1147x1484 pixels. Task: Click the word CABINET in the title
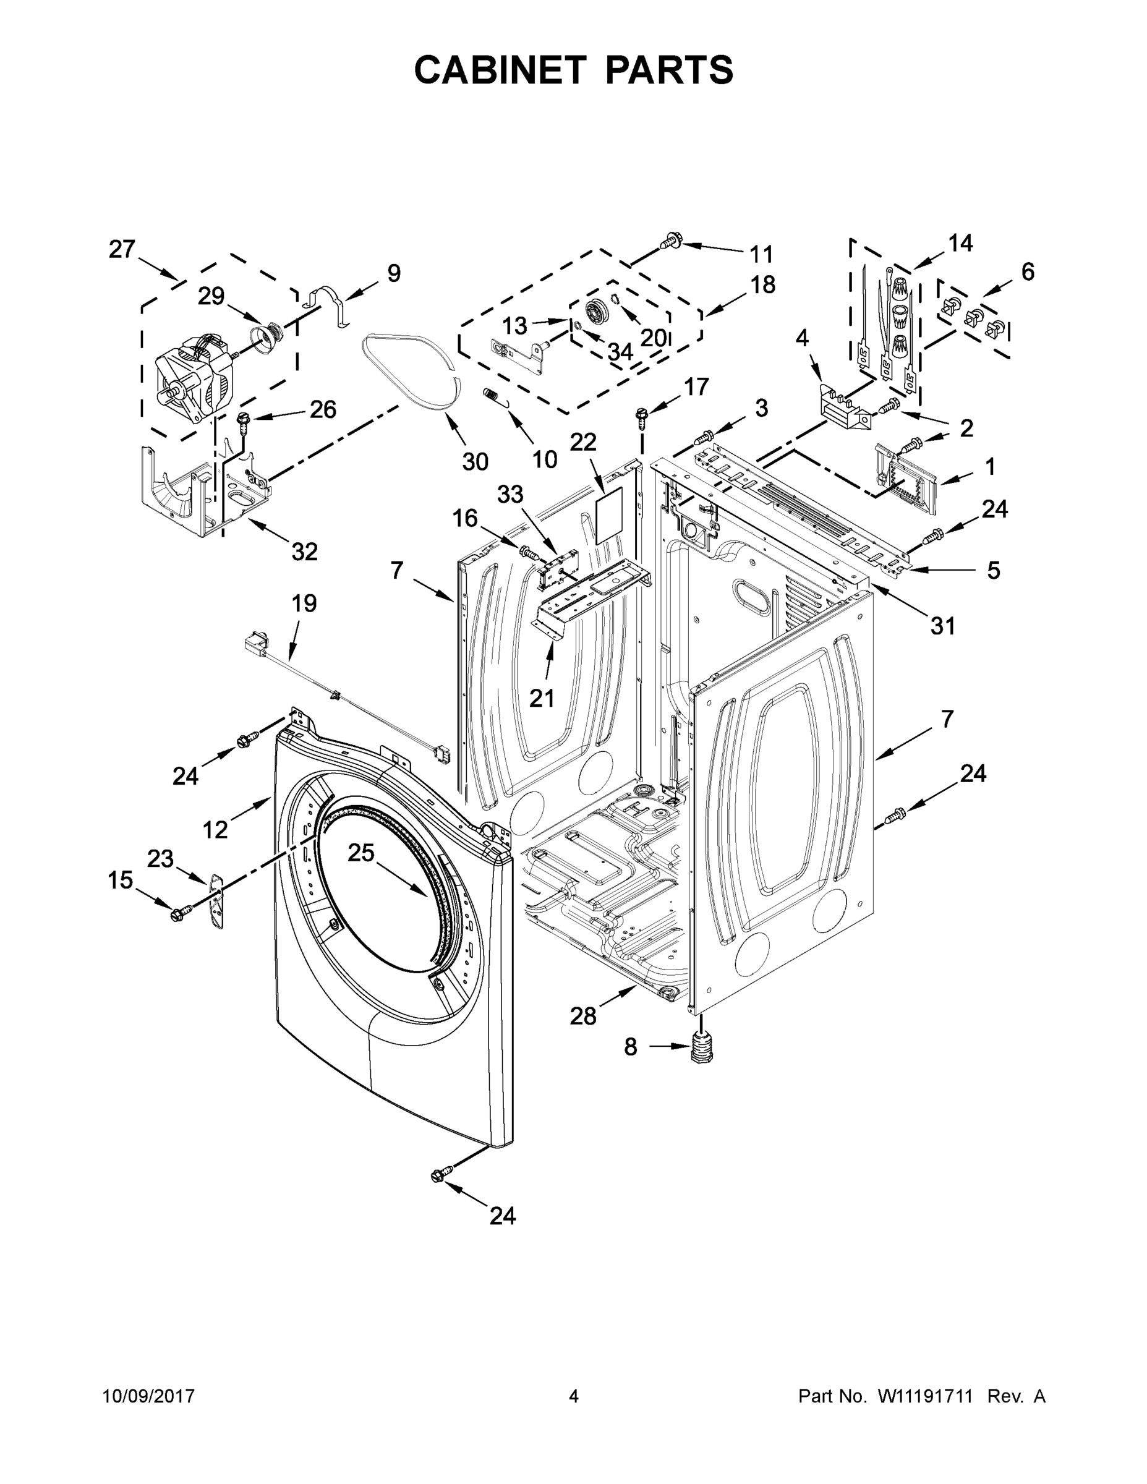coord(500,70)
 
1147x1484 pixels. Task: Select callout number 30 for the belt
coord(475,461)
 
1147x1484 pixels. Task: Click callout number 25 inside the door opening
coord(361,852)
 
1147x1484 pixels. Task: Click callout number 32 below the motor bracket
coord(304,551)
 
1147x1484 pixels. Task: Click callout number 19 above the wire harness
coord(304,603)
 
